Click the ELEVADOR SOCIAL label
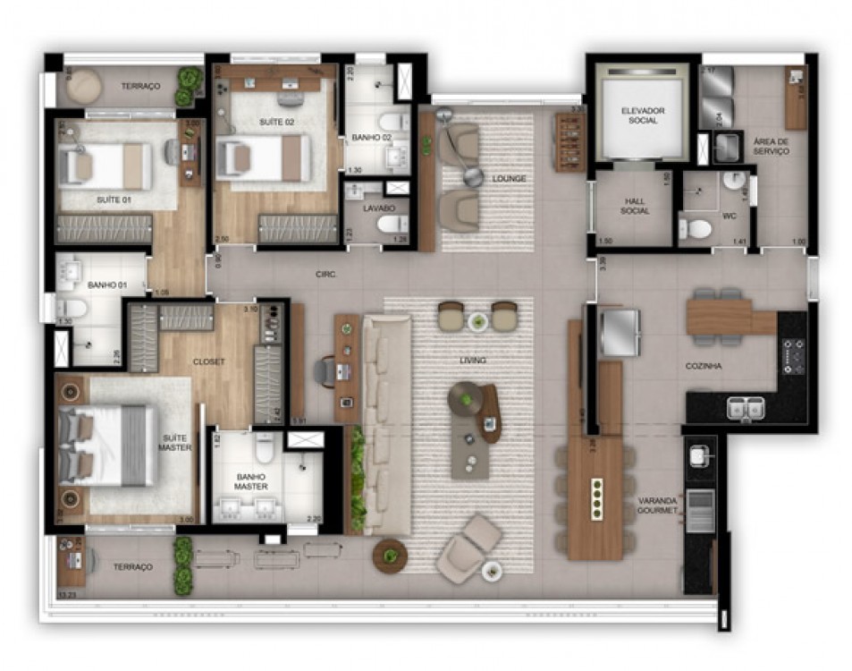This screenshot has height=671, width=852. click(x=642, y=115)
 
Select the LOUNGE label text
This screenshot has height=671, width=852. click(x=509, y=179)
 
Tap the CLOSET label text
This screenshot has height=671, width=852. click(x=208, y=361)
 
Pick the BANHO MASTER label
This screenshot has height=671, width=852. click(x=251, y=482)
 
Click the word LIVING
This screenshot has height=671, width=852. click(x=472, y=361)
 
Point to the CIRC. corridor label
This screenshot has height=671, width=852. click(x=325, y=275)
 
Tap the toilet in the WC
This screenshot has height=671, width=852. click(x=696, y=229)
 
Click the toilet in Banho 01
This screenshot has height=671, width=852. click(x=71, y=310)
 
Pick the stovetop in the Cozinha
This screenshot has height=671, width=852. click(x=793, y=356)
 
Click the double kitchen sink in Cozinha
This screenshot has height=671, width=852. click(x=746, y=408)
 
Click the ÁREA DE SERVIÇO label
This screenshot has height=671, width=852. click(x=771, y=147)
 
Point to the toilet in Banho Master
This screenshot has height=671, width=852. click(x=265, y=445)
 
